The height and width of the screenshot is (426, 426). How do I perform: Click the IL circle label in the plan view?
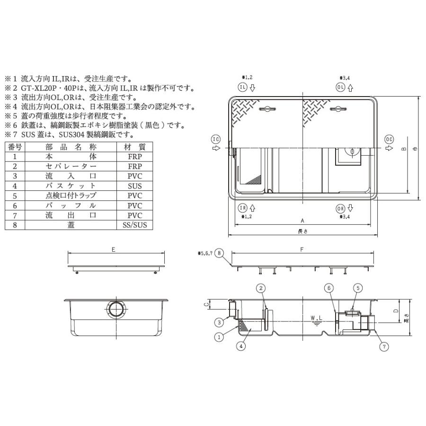(242, 88)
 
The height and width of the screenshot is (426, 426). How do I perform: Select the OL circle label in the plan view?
(340, 88)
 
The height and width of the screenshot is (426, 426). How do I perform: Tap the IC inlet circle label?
(216, 139)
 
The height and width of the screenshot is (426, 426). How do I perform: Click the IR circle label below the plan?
(242, 208)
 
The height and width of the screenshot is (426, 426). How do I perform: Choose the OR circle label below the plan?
(340, 208)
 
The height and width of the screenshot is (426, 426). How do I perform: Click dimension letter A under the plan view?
(302, 221)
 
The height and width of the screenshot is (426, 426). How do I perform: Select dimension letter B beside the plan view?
(403, 149)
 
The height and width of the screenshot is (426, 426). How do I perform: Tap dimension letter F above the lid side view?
(302, 249)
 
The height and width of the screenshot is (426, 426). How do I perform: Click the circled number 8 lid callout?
(219, 253)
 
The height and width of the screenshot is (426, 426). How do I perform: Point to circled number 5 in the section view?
(358, 287)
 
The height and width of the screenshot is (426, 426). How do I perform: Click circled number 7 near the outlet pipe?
(384, 346)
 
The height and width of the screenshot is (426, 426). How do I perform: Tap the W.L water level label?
(315, 318)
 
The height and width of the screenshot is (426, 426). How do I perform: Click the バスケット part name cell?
(71, 186)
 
